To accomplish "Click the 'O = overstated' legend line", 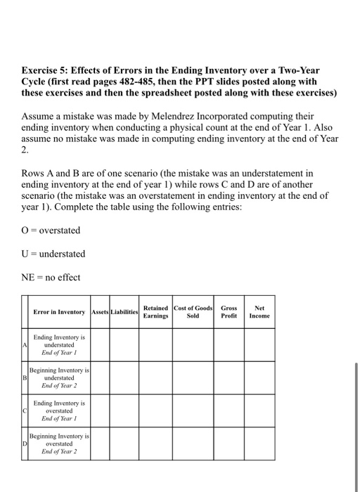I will click(51, 231).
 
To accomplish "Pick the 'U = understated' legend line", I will click(53, 254).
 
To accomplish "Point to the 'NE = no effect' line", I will click(51, 277).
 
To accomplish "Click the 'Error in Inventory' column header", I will click(60, 311).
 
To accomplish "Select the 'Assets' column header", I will click(101, 311).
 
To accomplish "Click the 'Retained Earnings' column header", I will click(155, 311).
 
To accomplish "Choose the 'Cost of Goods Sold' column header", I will click(192, 311).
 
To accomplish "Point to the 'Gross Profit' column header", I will click(229, 311).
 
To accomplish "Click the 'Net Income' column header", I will click(259, 311).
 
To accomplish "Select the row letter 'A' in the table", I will click(25, 345).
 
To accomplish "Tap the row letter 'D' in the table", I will click(25, 444).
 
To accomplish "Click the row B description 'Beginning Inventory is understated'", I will click(60, 377).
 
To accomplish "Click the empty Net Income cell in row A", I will click(259, 345).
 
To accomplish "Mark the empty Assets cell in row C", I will click(101, 411).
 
